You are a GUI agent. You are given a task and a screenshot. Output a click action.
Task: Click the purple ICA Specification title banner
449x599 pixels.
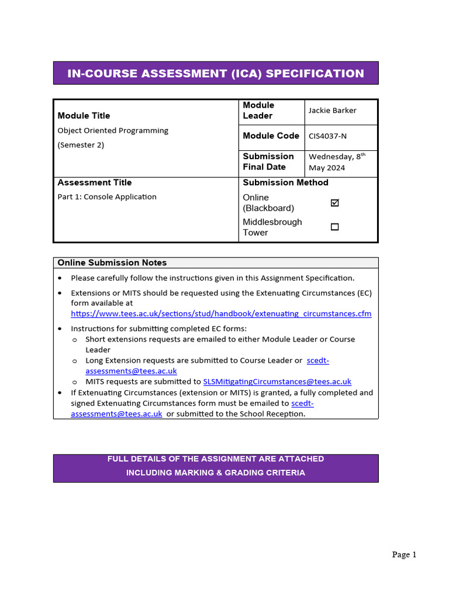point(216,73)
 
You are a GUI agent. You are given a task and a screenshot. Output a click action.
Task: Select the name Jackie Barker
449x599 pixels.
point(332,111)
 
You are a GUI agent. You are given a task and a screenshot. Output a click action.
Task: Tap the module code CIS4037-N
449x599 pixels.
point(327,136)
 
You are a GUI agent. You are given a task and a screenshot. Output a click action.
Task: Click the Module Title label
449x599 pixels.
point(84,116)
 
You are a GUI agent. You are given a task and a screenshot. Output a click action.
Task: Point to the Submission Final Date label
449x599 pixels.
point(268,161)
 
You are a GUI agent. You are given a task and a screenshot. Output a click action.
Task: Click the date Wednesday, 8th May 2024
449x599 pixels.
point(337,162)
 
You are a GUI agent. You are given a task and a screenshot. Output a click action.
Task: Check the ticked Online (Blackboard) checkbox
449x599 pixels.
point(334,203)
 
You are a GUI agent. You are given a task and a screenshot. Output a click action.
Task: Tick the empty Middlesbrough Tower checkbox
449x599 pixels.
point(334,227)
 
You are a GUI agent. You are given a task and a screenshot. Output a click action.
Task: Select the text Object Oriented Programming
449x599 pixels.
point(113,130)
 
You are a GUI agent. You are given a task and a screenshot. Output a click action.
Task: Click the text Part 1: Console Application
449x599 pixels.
point(107,197)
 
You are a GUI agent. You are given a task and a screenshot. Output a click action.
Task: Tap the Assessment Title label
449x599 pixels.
point(95,183)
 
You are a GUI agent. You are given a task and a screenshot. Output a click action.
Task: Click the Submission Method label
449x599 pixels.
point(285,183)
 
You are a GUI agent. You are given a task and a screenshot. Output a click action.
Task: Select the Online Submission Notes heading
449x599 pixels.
point(112,263)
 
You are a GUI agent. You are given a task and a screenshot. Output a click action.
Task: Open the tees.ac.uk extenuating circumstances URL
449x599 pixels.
point(221,314)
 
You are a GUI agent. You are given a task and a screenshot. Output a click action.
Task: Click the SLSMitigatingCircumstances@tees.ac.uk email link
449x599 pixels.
point(277,381)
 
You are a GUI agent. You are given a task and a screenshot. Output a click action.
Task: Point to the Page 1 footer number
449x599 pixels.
point(404,555)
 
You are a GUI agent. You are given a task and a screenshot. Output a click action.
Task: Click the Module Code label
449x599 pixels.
point(271,136)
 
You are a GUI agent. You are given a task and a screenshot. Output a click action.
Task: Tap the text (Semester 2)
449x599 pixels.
point(81,145)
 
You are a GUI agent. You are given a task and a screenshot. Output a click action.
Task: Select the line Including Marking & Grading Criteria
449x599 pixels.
point(216,473)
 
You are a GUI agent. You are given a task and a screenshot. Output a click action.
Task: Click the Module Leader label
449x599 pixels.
point(258,111)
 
